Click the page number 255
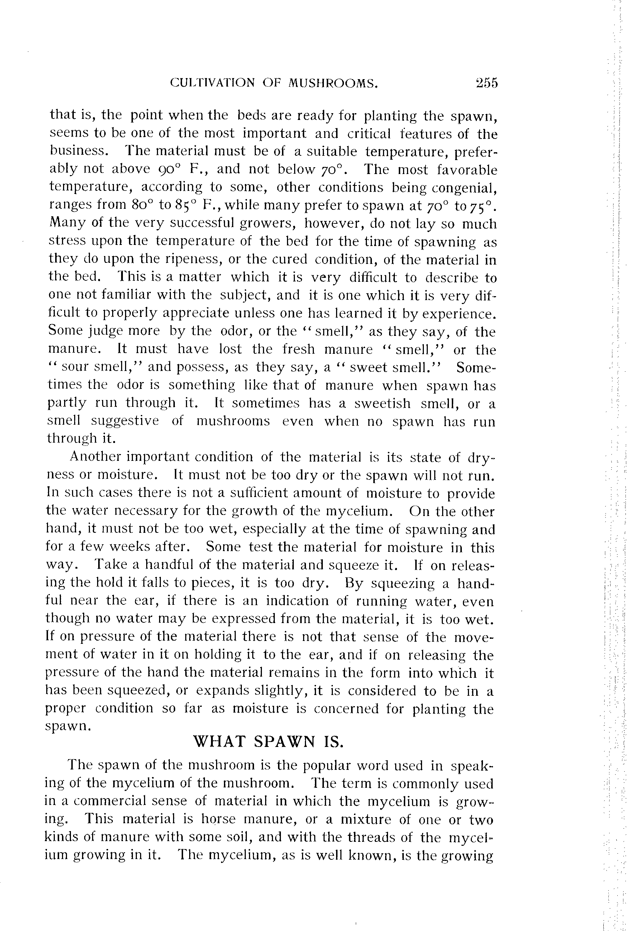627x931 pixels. (487, 83)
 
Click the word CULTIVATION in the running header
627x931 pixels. (212, 83)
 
